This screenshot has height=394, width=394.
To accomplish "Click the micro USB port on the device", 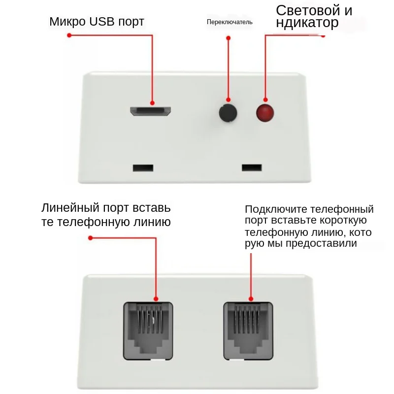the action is click(151, 111).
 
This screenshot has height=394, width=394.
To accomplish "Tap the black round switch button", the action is click(228, 113).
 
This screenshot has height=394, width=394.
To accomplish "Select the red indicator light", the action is click(265, 113).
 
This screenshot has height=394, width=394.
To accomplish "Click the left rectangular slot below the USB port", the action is click(143, 167).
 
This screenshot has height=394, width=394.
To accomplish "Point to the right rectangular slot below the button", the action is click(251, 167).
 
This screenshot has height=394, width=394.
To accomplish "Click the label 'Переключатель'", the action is click(230, 22).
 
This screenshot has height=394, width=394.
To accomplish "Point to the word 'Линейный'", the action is click(68, 207).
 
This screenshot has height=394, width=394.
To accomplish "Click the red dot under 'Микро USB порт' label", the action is click(69, 35).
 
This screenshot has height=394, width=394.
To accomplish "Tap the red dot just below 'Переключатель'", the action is click(228, 38).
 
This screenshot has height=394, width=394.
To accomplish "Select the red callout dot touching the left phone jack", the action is click(156, 298).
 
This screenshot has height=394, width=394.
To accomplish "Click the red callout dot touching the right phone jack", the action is click(251, 298).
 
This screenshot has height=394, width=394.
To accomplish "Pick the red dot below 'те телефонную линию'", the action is click(90, 239).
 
